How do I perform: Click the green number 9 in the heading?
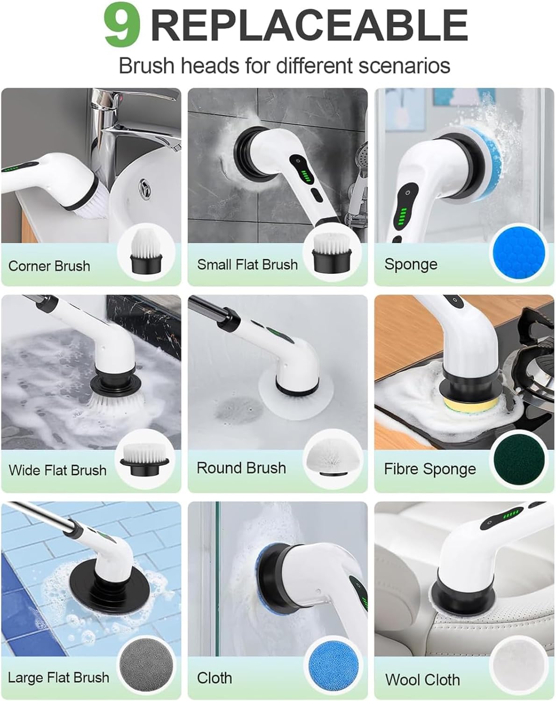(x=122, y=26)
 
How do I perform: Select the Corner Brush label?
(x=49, y=266)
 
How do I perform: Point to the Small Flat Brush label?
(x=247, y=265)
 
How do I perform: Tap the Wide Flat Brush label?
(x=57, y=470)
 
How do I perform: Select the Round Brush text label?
(x=241, y=468)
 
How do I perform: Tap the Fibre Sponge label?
(x=430, y=469)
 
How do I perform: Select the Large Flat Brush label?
(x=58, y=677)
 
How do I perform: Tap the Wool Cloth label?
(x=422, y=680)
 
